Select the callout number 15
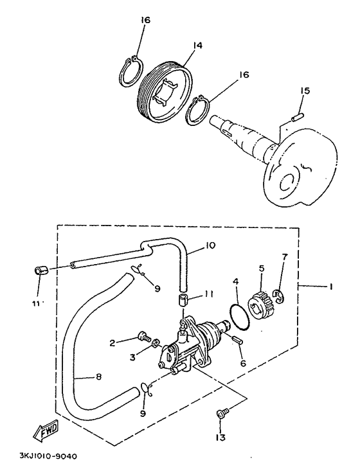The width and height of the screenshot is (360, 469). pos(305,91)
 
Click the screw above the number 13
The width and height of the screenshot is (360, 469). pos(222,412)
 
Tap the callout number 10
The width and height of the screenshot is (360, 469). pos(210,245)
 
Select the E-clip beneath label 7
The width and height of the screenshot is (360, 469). pos(279,296)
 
